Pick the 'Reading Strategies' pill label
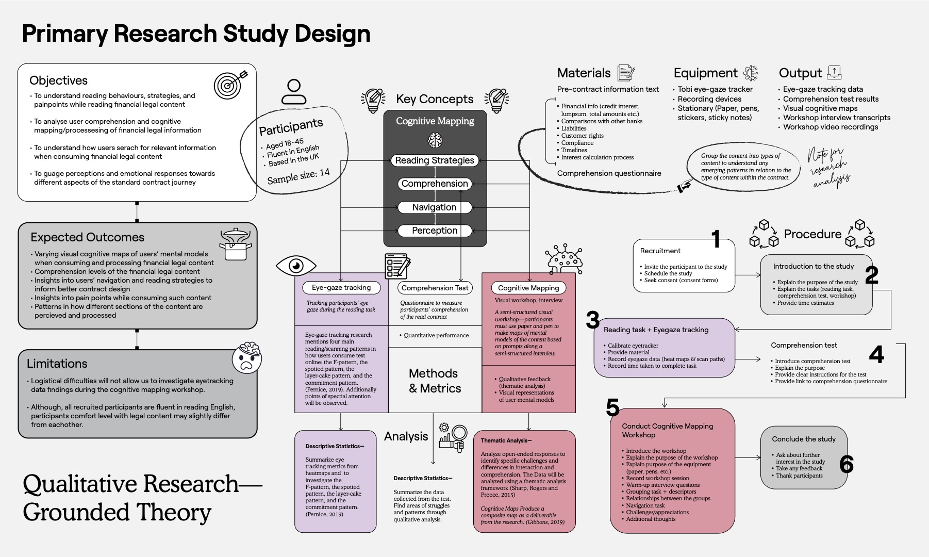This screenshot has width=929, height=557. tap(435, 160)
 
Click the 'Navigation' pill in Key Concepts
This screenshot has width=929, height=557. tap(434, 207)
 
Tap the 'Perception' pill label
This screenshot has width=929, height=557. tap(435, 231)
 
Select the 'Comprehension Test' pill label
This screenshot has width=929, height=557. tap(435, 288)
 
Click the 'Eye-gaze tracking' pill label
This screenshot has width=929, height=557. tap(341, 287)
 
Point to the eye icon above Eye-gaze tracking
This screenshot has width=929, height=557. tap(296, 266)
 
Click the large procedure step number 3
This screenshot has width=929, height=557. tap(592, 320)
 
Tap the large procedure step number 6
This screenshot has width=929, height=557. tap(846, 464)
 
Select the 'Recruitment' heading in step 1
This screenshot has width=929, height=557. tap(660, 251)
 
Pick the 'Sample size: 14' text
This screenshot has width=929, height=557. tap(298, 176)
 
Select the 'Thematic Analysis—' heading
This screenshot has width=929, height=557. tap(506, 440)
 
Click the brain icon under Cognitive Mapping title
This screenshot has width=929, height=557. tap(435, 139)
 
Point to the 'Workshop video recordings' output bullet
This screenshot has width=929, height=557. tap(830, 127)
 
